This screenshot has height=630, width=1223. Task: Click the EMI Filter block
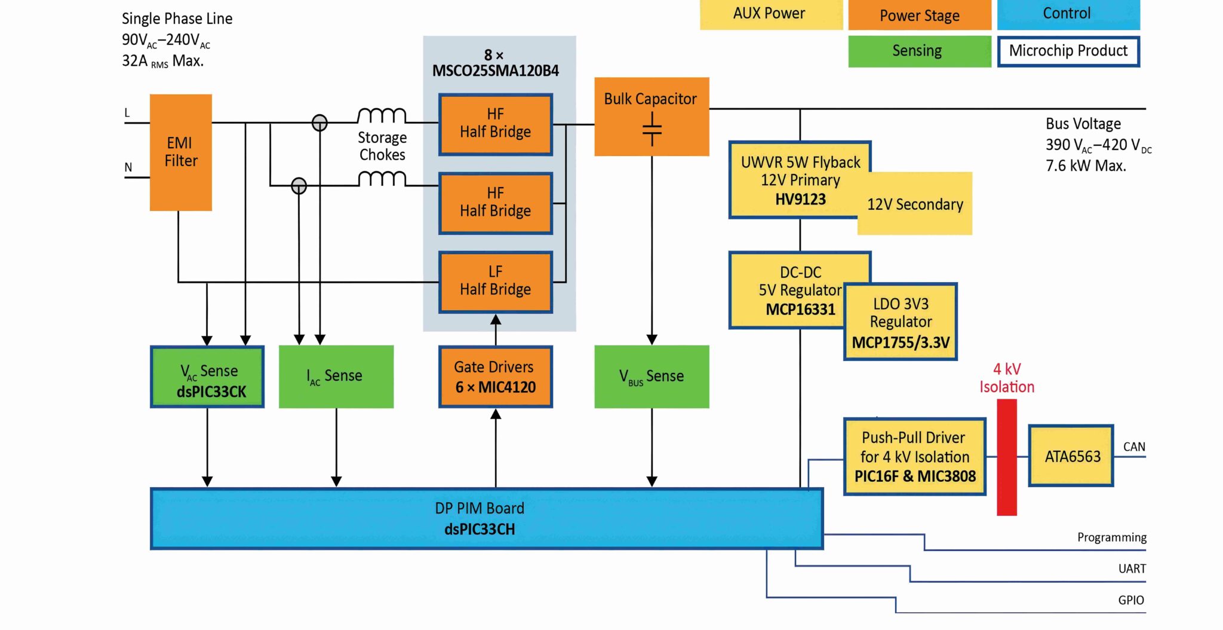(x=180, y=152)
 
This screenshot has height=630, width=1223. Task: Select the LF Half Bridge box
(x=495, y=282)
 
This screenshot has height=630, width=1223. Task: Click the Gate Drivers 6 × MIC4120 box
(x=495, y=377)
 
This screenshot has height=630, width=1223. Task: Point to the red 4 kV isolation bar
(x=1006, y=457)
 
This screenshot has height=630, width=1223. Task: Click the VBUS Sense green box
(x=652, y=377)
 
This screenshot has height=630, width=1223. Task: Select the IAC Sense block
(x=336, y=377)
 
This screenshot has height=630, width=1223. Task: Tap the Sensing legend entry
(x=918, y=51)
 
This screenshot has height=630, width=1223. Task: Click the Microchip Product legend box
(x=1068, y=51)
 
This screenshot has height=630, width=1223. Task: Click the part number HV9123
(x=800, y=200)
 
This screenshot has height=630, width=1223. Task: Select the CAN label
(x=1133, y=447)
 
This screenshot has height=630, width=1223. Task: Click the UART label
(x=1132, y=568)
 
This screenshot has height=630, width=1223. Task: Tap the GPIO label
(x=1130, y=600)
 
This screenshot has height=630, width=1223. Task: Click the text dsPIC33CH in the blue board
(x=480, y=530)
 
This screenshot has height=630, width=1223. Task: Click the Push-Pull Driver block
(x=914, y=457)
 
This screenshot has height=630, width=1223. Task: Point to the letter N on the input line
(x=128, y=167)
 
